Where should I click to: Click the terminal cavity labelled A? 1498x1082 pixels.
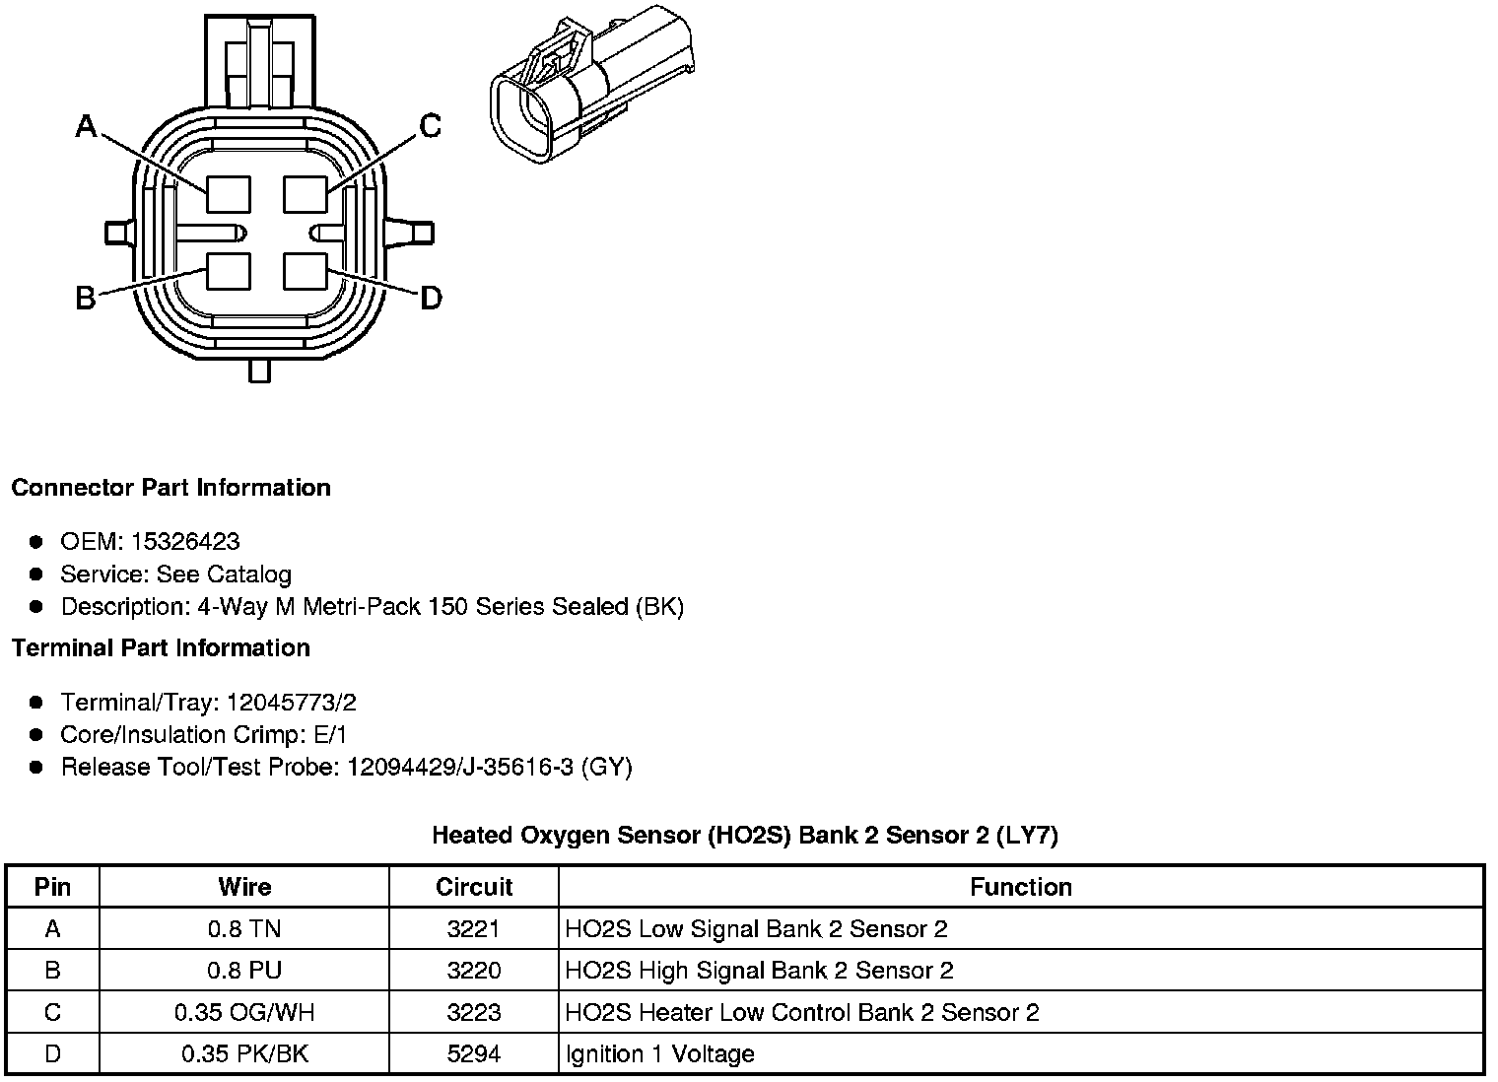coord(229,193)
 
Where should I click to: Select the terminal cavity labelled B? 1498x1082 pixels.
coord(229,272)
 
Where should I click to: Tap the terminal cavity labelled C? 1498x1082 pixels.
coord(306,193)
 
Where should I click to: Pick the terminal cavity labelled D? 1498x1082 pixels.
coord(306,272)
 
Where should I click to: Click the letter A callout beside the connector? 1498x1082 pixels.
coord(87,126)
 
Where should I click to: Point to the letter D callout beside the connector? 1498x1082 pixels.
coord(431,298)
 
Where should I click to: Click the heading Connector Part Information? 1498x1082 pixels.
coord(170,488)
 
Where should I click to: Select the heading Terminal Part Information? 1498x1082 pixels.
coord(161,647)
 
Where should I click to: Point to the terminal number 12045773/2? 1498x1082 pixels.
coord(291,702)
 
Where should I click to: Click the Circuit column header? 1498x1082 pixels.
coord(474,887)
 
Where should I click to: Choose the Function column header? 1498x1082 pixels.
coord(1021,887)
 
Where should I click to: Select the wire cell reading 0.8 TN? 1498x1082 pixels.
coord(244,928)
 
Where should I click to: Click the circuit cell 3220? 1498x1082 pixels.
coord(474,971)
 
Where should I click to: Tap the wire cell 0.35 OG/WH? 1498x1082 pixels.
coord(244,1012)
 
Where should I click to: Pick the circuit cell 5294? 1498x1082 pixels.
coord(474,1053)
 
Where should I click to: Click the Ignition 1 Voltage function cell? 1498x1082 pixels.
coord(660,1053)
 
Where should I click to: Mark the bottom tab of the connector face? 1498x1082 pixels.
coord(259,371)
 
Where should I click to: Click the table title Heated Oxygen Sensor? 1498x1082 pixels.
coord(745,836)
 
